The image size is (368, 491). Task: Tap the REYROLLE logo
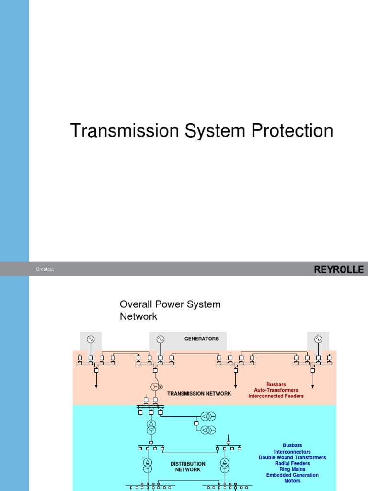[x=339, y=269]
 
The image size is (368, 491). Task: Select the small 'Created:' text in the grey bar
[x=45, y=269]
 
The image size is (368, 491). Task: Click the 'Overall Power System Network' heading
[x=170, y=310]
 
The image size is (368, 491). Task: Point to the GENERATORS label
[x=201, y=339]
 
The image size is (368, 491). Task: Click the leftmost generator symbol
[x=91, y=339]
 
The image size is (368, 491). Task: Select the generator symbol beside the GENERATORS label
[x=160, y=339]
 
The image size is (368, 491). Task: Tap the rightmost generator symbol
[x=318, y=339]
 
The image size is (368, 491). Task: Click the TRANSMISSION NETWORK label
[x=199, y=393]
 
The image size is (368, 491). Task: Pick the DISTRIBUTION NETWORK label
[x=188, y=467]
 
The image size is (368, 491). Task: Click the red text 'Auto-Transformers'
[x=276, y=390]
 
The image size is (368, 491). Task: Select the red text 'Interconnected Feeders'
[x=276, y=396]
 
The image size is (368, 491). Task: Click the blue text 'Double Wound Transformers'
[x=292, y=457]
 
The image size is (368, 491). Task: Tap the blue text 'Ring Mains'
[x=292, y=469]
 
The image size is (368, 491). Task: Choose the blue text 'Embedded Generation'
[x=292, y=475]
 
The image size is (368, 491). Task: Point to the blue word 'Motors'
[x=292, y=480]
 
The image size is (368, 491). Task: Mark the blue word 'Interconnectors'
[x=292, y=452]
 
